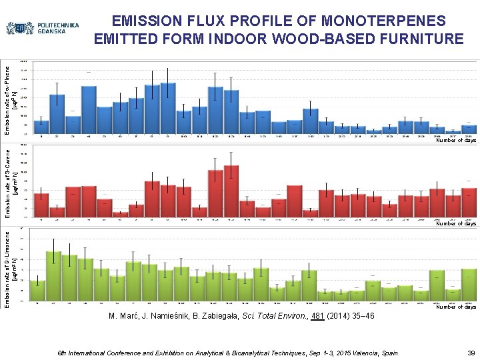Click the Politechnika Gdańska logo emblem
coord(20,29)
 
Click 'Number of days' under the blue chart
coord(456,141)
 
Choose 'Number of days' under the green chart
coord(456,307)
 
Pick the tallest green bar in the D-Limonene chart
coord(54,276)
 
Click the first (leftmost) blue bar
coord(41,127)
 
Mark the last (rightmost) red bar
coord(469,203)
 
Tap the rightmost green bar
coord(469,285)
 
